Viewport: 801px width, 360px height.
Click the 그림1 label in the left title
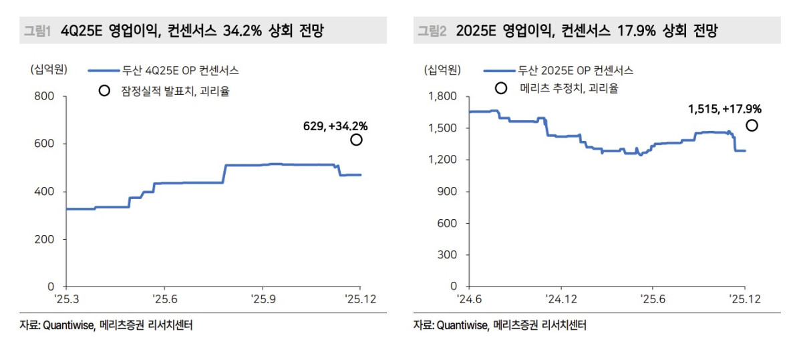(x=37, y=31)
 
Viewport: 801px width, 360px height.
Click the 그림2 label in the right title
(x=432, y=31)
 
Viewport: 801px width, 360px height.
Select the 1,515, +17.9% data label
(x=725, y=109)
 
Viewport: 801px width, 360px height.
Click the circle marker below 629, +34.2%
(x=356, y=140)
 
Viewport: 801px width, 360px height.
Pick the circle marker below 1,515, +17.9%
(x=752, y=126)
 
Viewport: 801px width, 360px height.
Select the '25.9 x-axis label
(x=263, y=300)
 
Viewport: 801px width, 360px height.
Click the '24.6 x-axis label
(x=469, y=300)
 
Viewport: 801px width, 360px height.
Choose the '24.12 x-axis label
(x=561, y=300)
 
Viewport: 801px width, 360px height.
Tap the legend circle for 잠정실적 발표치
(x=104, y=91)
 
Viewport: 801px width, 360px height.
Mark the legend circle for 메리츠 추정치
(x=500, y=88)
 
